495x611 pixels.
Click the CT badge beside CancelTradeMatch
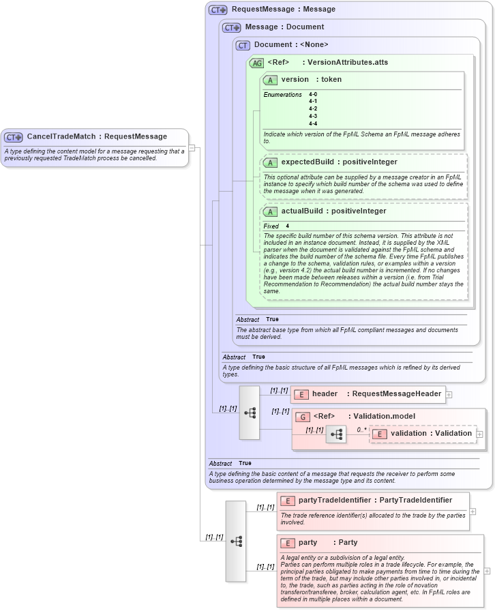14,137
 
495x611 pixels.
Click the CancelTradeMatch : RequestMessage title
96,137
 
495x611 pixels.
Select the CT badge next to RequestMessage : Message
218,10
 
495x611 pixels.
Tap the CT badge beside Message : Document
232,27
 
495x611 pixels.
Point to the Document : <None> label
291,45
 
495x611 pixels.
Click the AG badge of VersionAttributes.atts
257,63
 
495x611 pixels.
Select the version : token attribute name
312,80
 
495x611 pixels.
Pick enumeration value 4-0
313,94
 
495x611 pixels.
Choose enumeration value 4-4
313,123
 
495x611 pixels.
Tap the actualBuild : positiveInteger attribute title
333,211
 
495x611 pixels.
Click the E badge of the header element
301,394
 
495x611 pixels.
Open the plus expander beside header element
449,394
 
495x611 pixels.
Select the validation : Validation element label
431,434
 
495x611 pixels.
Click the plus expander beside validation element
479,434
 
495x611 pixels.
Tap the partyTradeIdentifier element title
375,501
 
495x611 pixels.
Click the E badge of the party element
287,543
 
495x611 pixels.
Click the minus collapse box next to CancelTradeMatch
192,147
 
